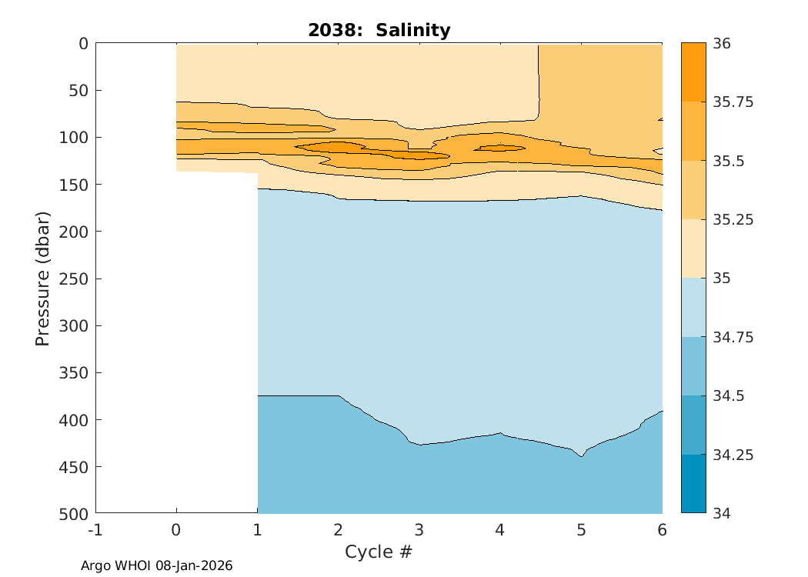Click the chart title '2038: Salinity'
379,30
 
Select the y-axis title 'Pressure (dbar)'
43,277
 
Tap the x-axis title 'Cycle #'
379,552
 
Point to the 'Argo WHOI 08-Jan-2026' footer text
157,565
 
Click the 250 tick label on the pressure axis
74,278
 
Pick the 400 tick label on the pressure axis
74,420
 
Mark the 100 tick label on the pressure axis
74,138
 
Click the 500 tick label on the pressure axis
74,513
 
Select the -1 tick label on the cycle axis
95,530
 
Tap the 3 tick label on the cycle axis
419,530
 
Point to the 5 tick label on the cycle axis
581,530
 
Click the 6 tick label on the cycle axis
662,530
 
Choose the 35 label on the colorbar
724,278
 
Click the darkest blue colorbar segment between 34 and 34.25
693,484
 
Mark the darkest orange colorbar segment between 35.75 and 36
693,72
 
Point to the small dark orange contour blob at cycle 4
499,148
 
